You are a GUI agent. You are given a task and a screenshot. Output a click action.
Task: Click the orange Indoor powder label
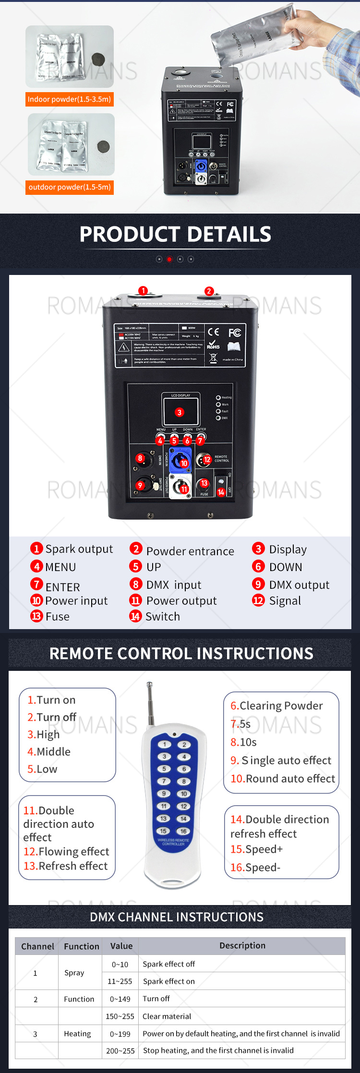tap(70, 99)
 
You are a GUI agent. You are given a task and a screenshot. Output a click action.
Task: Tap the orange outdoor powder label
tap(70, 187)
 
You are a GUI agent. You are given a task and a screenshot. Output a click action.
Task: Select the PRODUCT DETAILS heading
tap(175, 234)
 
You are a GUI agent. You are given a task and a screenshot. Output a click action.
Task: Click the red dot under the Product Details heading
tap(169, 259)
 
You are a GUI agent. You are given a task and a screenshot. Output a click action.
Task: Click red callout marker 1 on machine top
tap(143, 290)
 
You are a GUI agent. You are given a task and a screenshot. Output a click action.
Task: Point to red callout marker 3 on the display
tap(180, 412)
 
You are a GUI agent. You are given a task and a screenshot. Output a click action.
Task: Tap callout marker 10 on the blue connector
tap(184, 464)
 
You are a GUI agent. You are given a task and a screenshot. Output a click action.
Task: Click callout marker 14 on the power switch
tap(221, 492)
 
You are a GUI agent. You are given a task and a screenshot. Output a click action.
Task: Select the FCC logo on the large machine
tap(234, 333)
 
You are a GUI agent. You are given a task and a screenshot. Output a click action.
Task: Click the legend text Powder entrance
tap(190, 551)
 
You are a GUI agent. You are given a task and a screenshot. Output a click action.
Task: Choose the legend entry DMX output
tap(299, 584)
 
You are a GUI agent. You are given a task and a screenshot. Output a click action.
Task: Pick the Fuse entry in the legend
tap(57, 617)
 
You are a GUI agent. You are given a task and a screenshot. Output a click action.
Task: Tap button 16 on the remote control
tap(183, 831)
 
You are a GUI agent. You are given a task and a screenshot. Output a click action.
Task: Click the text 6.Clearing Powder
tap(276, 705)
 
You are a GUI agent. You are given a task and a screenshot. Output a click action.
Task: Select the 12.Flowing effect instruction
tap(66, 851)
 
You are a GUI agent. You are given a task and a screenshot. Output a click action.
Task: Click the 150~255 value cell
tap(120, 1016)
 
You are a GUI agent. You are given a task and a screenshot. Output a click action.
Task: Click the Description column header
tap(242, 945)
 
